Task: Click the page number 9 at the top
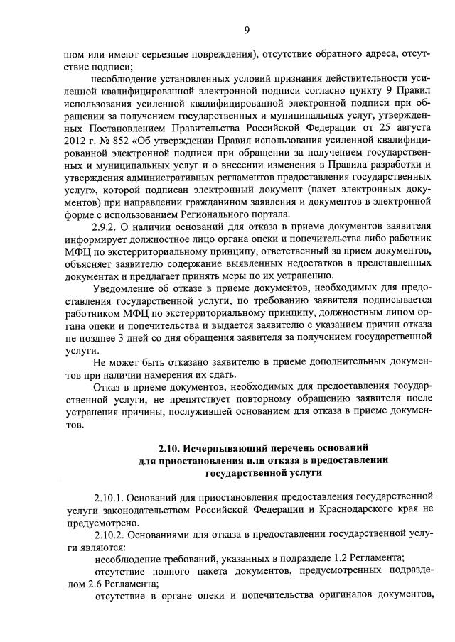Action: coord(246,29)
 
